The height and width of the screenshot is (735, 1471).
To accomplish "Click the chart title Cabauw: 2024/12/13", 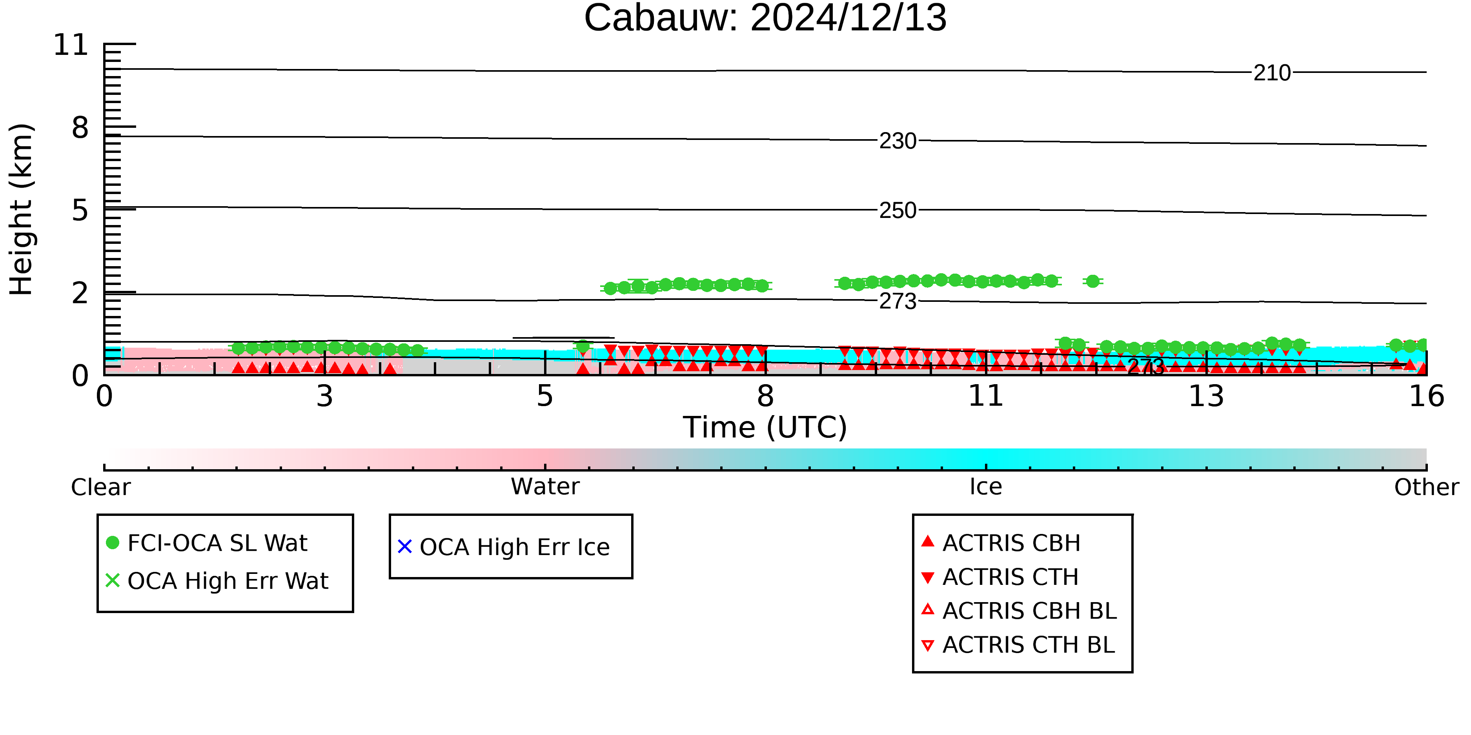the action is pos(765,18).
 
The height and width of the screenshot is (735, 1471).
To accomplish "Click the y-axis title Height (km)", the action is pos(22,209).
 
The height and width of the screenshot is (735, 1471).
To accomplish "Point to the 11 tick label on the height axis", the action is pos(71,45).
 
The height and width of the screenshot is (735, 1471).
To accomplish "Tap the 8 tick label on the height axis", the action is pos(80,128).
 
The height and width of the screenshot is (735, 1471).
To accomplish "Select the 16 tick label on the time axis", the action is pos(1426,397).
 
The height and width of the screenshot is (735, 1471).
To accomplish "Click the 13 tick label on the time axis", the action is pos(1206,397).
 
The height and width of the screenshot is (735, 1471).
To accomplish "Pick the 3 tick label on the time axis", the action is pos(324,397).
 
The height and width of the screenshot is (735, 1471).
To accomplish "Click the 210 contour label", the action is pos(1272,73).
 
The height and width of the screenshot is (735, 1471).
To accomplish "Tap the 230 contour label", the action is pos(898,141).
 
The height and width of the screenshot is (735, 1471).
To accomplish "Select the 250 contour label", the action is pos(898,211).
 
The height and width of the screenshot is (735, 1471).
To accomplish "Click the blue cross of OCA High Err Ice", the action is pos(405,547).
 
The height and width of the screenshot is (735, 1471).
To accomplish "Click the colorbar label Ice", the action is pos(986,487).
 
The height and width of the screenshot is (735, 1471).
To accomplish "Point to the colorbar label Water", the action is pos(545,487).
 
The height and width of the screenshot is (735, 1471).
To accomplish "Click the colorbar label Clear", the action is pos(100,487).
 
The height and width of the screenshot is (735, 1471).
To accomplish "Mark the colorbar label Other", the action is pos(1426,487).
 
